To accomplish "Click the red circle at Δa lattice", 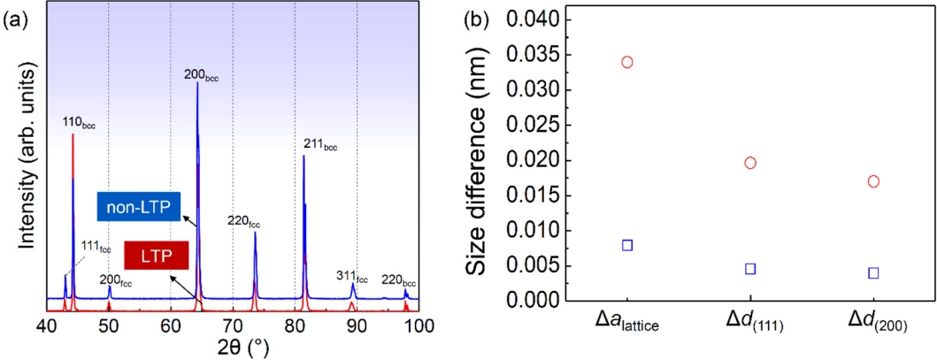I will point(627,62).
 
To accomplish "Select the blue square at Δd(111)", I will point(750,269).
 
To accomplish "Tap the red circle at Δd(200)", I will point(873,181).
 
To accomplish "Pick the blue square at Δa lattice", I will point(627,245).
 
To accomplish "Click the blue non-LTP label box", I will point(139,209).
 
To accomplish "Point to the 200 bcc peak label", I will point(201,76).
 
